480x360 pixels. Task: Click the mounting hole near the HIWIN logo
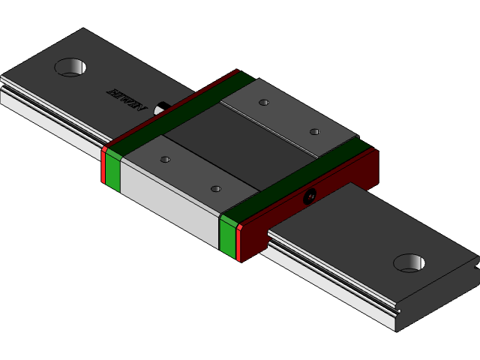(70, 67)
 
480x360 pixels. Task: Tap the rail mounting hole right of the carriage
(409, 262)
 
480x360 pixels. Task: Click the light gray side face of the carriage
(169, 202)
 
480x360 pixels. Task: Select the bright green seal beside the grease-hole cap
(228, 235)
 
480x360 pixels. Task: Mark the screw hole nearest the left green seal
(165, 159)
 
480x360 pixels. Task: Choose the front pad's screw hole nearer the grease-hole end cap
(216, 188)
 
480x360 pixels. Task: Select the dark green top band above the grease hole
(300, 176)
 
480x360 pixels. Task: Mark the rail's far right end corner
(475, 264)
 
